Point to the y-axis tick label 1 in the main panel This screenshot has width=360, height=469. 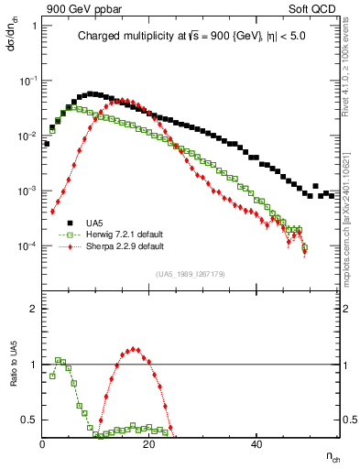[34, 25]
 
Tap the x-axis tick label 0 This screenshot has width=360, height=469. [42, 442]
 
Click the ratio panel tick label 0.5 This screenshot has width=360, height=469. [30, 420]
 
